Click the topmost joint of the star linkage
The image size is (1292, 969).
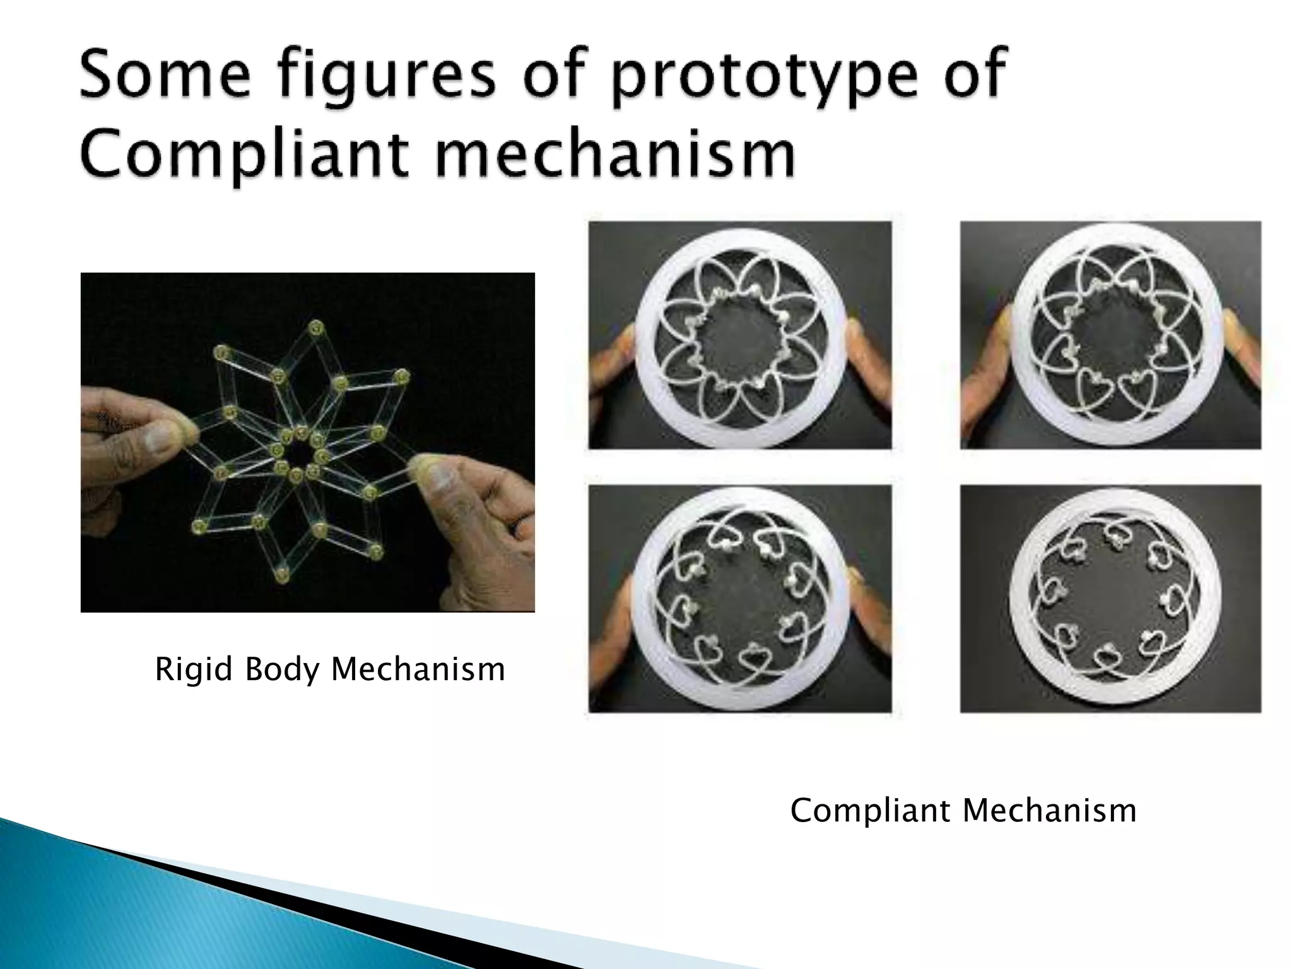pyautogui.click(x=316, y=327)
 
